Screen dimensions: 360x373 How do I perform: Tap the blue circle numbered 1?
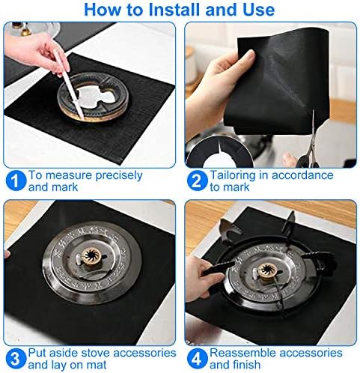pos(16,181)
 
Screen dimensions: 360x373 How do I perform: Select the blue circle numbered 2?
pos(197,181)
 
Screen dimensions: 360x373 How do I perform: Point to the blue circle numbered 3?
pos(16,359)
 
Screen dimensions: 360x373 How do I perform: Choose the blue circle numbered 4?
pos(197,359)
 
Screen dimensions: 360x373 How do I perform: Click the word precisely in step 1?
pos(119,175)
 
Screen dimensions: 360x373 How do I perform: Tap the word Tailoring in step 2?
pos(233,175)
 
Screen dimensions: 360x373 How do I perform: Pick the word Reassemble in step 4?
pos(242,353)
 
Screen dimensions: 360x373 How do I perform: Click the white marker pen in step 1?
pos(69,84)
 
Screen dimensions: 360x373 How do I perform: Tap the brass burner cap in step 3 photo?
pos(92,256)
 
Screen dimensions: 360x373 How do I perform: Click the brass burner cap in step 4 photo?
pos(267,271)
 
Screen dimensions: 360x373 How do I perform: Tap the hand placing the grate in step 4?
pos(201,277)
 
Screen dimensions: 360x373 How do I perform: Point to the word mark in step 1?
pos(64,186)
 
